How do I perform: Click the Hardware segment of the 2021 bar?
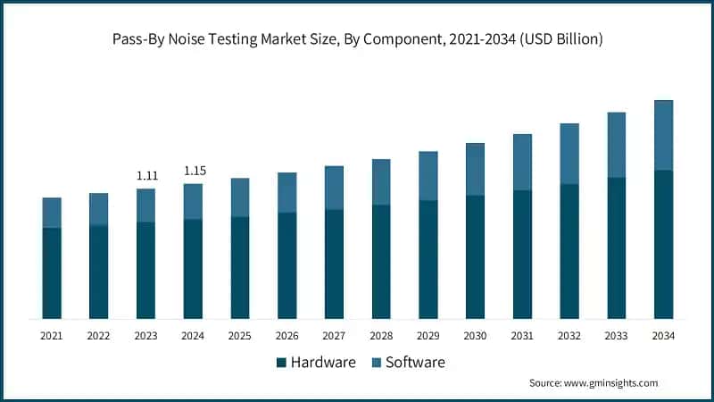click(x=52, y=272)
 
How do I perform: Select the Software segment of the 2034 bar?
click(x=663, y=135)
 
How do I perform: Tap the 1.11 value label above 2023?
click(x=146, y=176)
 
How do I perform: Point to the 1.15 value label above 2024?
click(x=194, y=171)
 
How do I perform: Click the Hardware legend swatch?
click(x=282, y=363)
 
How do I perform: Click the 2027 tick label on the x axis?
click(x=334, y=336)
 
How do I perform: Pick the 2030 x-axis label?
click(x=475, y=336)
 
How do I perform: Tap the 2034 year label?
click(x=663, y=336)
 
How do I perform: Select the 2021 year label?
click(x=52, y=336)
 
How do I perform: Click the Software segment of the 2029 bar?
click(x=428, y=176)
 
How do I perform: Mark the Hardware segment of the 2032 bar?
click(x=569, y=251)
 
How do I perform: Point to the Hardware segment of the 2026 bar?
click(x=287, y=265)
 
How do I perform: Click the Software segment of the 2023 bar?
click(x=146, y=205)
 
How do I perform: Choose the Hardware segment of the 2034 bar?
click(x=663, y=244)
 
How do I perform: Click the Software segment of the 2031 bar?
click(x=522, y=163)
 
